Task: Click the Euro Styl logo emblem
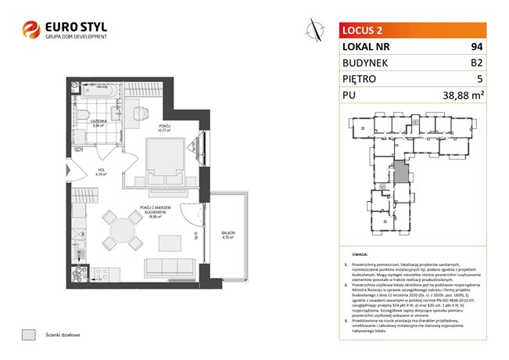pos(32,30)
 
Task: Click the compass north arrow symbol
pos(315,30)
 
